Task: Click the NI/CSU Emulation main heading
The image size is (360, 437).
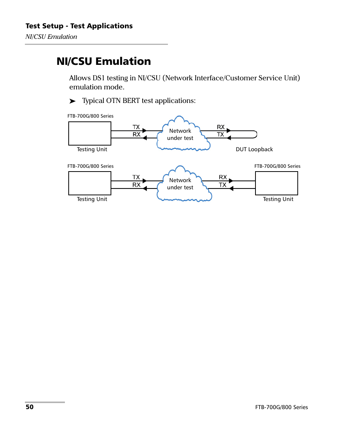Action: (x=104, y=61)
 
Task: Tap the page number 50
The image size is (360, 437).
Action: (x=29, y=407)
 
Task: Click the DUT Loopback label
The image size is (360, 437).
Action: (x=254, y=149)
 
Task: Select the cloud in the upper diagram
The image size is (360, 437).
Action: (x=183, y=133)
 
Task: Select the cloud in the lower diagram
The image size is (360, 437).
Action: (x=184, y=184)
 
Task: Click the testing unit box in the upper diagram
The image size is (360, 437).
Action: (x=90, y=133)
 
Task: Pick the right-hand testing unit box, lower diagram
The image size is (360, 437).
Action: (x=277, y=183)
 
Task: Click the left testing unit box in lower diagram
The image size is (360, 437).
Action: (x=90, y=183)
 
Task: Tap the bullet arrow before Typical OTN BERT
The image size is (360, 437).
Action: (x=72, y=101)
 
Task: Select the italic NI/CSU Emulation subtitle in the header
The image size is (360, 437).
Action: (x=51, y=37)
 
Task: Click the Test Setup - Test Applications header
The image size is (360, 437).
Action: (x=79, y=26)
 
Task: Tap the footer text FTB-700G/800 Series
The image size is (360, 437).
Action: (x=282, y=407)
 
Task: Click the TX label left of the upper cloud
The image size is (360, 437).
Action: (x=136, y=127)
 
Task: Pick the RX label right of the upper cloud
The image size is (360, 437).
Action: (x=221, y=127)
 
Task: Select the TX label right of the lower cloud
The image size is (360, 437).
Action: (x=223, y=185)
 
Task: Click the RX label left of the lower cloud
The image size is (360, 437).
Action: (x=136, y=185)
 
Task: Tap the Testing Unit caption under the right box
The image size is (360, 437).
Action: (x=278, y=199)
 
